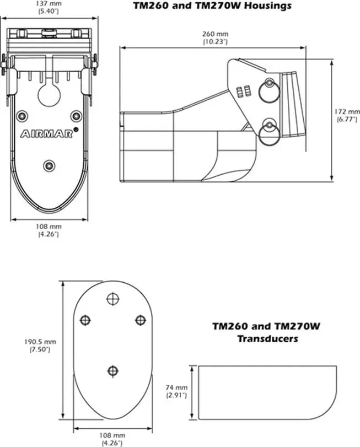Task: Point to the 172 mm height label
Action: pos(347,112)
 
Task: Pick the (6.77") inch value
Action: pos(347,120)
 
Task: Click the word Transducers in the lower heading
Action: pos(267,338)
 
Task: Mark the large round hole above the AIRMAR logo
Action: pos(49,94)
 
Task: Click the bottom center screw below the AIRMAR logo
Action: pos(49,165)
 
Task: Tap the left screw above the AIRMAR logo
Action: pos(22,116)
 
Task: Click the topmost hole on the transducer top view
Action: pos(113,298)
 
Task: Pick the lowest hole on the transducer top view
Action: pos(113,370)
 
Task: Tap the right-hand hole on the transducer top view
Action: pos(140,320)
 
